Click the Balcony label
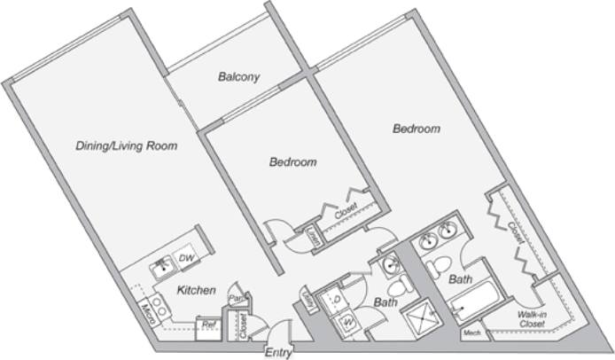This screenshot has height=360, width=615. click(238, 77)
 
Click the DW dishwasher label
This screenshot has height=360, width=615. click(186, 258)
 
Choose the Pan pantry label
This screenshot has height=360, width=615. click(235, 299)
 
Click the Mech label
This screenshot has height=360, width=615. click(472, 333)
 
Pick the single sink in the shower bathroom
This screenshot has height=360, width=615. click(389, 263)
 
